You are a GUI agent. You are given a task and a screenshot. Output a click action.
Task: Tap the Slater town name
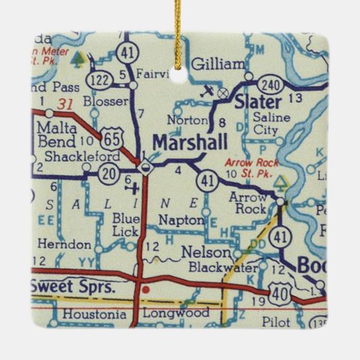click(x=257, y=102)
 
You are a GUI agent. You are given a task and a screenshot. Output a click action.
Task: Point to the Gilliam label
click(x=217, y=65)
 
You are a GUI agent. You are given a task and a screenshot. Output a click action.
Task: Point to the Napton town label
click(x=181, y=220)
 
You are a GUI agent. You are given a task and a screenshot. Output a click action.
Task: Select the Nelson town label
click(x=201, y=251)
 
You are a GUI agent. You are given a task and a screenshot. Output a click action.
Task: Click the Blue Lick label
click(x=126, y=224)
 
